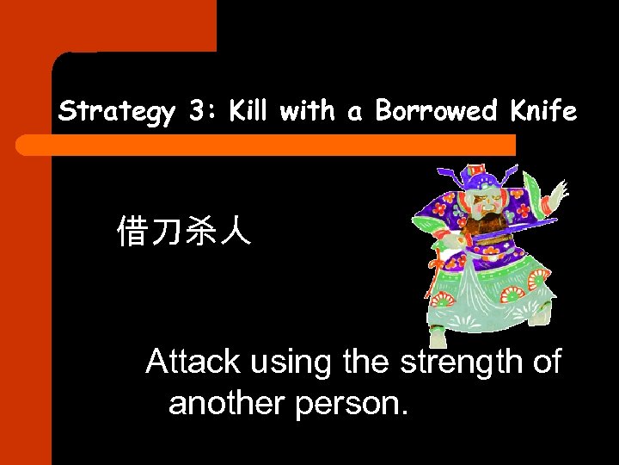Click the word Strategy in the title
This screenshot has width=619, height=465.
tap(116, 112)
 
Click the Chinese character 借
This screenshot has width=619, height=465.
tap(133, 232)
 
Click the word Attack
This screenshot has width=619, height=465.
tap(193, 362)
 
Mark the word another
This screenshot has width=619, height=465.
tap(227, 401)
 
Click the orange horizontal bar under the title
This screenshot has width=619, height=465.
tap(267, 145)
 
